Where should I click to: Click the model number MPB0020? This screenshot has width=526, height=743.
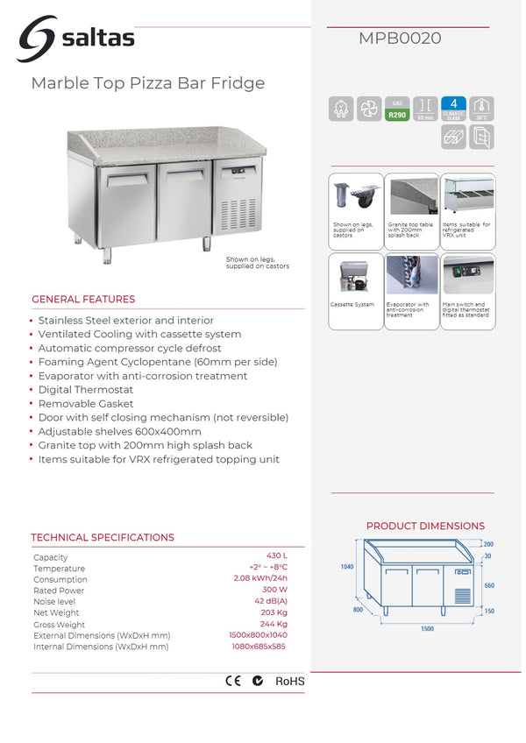coord(400,39)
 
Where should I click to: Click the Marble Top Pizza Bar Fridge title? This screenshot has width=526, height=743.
coord(147,83)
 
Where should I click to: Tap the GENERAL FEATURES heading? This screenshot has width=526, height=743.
coord(83,299)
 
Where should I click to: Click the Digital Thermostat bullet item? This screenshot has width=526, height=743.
coord(86,390)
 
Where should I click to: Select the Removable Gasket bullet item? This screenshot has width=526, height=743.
coord(85,404)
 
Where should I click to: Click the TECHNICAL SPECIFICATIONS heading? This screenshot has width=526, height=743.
coord(103,537)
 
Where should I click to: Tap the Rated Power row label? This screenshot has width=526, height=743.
coord(58,591)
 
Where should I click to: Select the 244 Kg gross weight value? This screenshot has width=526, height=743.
coord(274,624)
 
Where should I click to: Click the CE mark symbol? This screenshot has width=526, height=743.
coord(233,680)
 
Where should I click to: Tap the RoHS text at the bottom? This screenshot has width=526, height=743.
coord(290,681)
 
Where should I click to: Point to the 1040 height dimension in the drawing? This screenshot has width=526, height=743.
coord(347,567)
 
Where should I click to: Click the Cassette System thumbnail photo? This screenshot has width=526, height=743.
coord(354,276)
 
